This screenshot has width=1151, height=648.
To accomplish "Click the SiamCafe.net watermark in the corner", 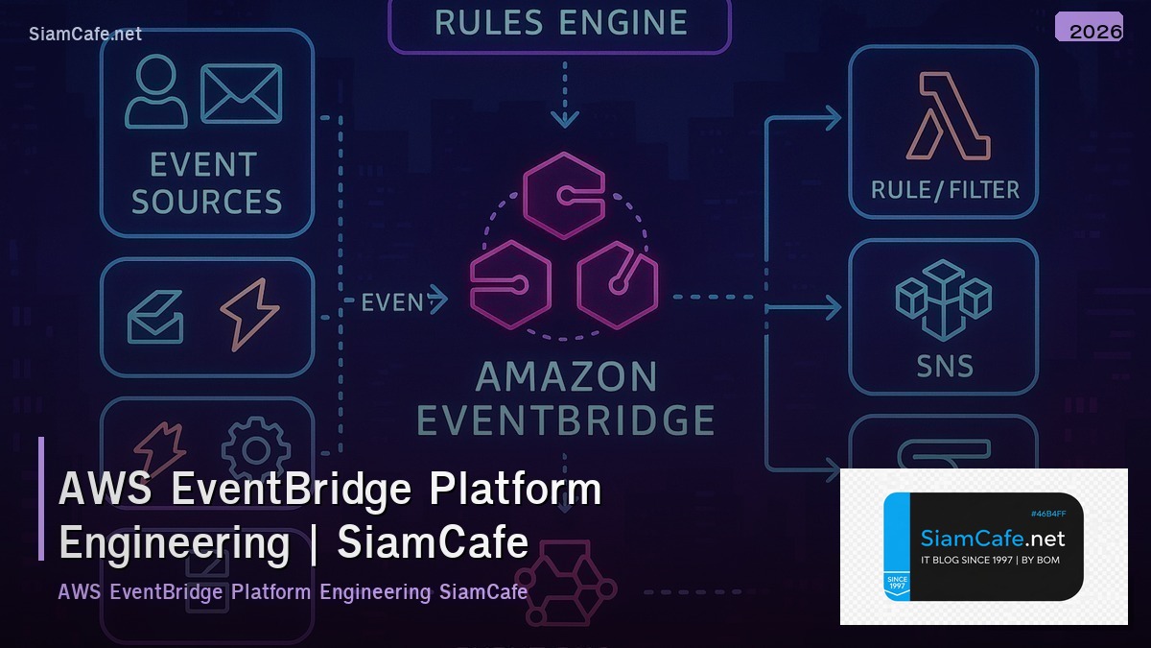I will tap(85, 34).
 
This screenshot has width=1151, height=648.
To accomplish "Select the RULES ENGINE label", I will tap(560, 22).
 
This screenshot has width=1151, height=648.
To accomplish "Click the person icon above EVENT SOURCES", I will tap(156, 91).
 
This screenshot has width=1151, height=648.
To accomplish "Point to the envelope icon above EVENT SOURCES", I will tap(241, 93).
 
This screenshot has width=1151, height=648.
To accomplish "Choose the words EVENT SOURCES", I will tap(206, 182).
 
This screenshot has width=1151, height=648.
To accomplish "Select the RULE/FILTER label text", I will tap(944, 189).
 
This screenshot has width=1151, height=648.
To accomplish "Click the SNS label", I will tap(943, 366).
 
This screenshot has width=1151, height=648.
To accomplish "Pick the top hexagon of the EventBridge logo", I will tap(564, 195).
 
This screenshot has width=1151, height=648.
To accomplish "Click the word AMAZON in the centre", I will tap(566, 377).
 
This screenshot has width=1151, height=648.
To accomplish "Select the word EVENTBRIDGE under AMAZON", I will tap(566, 420).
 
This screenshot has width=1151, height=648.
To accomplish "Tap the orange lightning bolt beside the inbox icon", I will tap(250, 314).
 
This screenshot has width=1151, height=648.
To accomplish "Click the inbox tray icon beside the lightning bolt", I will tap(156, 318).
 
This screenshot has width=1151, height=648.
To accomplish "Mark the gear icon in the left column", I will tap(255, 449).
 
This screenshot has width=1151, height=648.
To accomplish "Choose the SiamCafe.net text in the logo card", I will tap(992, 539).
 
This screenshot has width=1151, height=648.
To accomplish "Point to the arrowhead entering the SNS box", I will tap(832, 308).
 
